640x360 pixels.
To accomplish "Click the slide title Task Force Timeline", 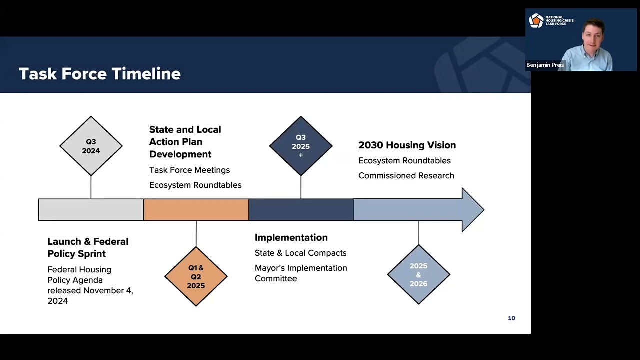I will click(x=99, y=74).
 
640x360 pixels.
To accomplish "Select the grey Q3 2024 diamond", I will click(x=91, y=146).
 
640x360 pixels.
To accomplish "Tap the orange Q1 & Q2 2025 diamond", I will click(x=196, y=276).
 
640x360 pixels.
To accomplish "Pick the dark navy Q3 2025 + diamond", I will click(x=301, y=146).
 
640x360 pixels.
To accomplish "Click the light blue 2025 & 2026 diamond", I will click(x=418, y=274).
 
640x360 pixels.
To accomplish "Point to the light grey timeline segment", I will click(x=91, y=210).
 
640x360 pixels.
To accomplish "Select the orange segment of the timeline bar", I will click(x=196, y=210).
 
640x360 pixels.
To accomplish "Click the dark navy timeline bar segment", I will click(x=301, y=210).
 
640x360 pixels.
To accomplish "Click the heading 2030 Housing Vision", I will click(x=407, y=145).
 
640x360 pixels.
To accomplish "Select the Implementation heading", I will click(x=291, y=238).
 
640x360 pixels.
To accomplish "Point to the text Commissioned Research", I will click(x=406, y=176).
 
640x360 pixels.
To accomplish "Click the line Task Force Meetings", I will click(x=189, y=170).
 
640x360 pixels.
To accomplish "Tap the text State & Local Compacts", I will click(x=300, y=253).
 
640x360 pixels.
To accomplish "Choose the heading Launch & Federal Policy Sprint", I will click(x=88, y=247).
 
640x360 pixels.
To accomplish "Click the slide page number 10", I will click(x=511, y=318).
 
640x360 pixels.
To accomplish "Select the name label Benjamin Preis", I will click(x=545, y=65).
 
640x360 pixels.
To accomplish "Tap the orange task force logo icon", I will click(x=536, y=21).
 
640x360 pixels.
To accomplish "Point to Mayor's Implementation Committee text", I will click(x=300, y=273).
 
